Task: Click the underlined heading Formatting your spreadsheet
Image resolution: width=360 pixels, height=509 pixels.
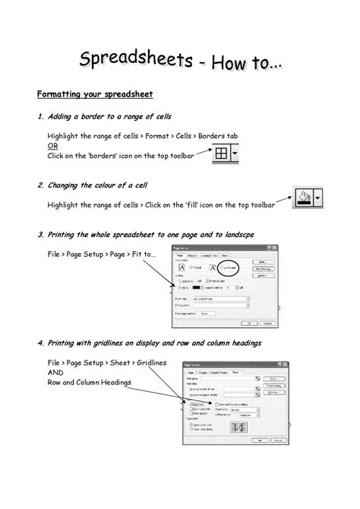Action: pos(96,94)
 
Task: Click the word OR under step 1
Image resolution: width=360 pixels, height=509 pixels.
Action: pos(53,145)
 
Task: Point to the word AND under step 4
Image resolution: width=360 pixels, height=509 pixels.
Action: pos(56,372)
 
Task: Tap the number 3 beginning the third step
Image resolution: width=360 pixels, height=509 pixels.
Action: pos(39,235)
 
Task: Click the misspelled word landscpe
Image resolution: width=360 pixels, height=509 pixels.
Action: pos(244,235)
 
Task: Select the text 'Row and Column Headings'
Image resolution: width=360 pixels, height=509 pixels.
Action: pos(89,382)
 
